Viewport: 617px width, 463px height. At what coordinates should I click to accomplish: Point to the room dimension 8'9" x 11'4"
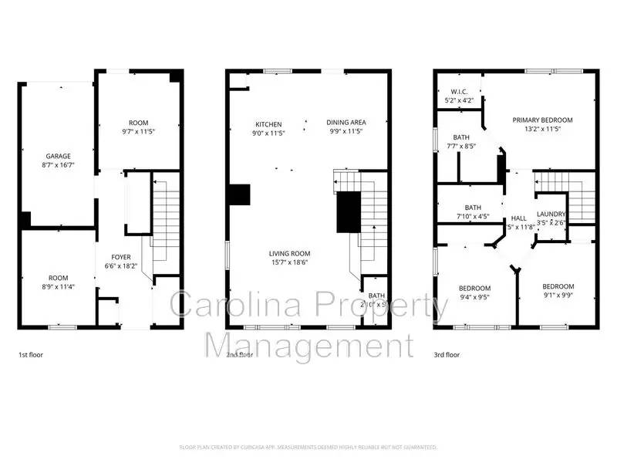pyautogui.click(x=59, y=287)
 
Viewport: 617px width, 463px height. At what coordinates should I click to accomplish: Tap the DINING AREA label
pyautogui.click(x=346, y=123)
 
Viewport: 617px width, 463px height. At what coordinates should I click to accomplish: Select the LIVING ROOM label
pyautogui.click(x=289, y=254)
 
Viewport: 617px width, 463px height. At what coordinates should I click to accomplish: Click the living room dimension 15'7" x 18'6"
pyautogui.click(x=289, y=263)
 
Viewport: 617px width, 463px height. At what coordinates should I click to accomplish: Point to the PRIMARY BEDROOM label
pyautogui.click(x=543, y=120)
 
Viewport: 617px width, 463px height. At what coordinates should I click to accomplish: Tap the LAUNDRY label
pyautogui.click(x=551, y=215)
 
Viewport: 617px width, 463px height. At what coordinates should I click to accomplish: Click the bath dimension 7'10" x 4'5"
pyautogui.click(x=472, y=217)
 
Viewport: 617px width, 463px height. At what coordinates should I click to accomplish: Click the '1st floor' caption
pyautogui.click(x=33, y=355)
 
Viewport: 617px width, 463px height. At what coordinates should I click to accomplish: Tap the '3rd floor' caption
pyautogui.click(x=447, y=355)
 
